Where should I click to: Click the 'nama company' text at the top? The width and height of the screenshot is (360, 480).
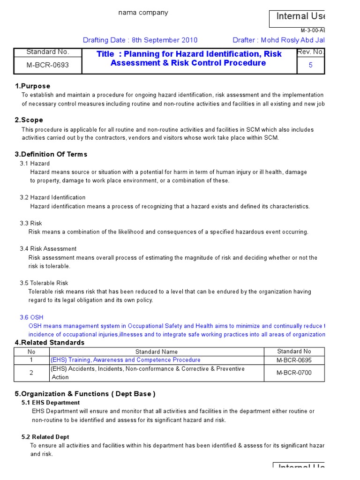coord(143,13)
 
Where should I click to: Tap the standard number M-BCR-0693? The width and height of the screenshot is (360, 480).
coord(48,65)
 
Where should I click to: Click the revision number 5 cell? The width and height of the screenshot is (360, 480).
coord(310,66)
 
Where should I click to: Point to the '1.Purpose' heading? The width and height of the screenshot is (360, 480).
coord(32,86)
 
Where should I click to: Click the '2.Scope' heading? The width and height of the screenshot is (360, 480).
coord(29,120)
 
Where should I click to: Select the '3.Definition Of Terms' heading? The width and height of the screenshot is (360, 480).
coord(51,154)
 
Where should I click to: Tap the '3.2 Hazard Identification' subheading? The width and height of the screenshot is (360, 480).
coord(52,197)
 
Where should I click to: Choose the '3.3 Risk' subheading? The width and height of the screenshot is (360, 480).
coord(31,223)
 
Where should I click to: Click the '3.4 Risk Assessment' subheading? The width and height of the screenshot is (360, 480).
coord(48,248)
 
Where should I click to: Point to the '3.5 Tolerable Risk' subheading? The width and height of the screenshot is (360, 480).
coord(44,283)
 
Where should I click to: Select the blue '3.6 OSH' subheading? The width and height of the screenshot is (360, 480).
coord(31,317)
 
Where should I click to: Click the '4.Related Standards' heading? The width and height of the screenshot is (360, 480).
coord(50,343)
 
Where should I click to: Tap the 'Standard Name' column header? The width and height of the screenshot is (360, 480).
coord(157,352)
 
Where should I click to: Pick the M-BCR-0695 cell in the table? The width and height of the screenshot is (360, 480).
coord(294,360)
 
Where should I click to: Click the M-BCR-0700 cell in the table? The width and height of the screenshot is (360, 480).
coord(294,373)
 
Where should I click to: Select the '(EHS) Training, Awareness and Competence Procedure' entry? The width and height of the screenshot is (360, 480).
coord(126,360)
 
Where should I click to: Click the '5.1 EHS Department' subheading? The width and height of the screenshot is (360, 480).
coord(51,403)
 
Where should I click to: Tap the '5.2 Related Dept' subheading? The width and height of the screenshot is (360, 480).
coord(45,437)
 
